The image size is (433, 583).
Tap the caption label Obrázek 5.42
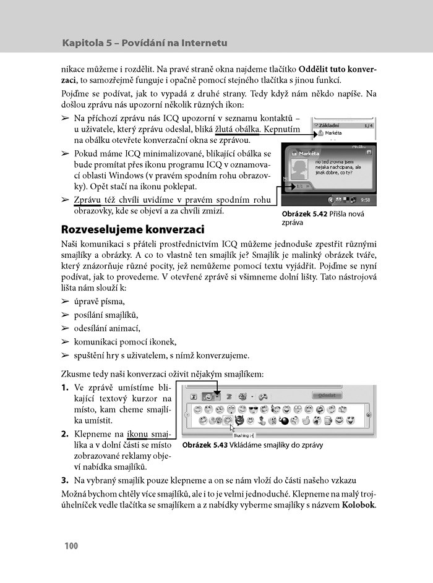pyautogui.click(x=307, y=214)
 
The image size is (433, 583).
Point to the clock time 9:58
pyautogui.click(x=366, y=200)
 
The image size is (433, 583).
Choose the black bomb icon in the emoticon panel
pyautogui.click(x=285, y=422)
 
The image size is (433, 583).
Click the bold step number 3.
pyautogui.click(x=64, y=480)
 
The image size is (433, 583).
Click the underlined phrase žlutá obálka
pyautogui.click(x=239, y=129)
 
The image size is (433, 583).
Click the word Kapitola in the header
pyautogui.click(x=85, y=43)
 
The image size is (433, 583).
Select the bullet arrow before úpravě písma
pyautogui.click(x=64, y=302)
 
